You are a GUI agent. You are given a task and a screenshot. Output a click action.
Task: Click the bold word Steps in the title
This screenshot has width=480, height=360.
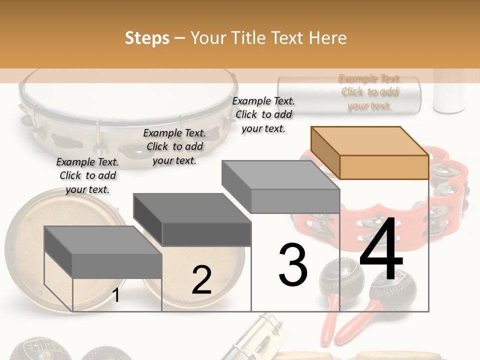click(x=147, y=38)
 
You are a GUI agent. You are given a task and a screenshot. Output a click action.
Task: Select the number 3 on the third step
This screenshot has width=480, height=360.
click(x=292, y=265)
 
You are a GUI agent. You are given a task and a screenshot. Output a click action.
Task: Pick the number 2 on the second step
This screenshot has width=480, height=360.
click(x=201, y=280)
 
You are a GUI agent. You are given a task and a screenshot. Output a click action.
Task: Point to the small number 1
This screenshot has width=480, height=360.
click(x=115, y=295)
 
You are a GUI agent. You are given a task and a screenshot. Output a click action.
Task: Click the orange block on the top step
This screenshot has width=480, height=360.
click(x=370, y=152)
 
